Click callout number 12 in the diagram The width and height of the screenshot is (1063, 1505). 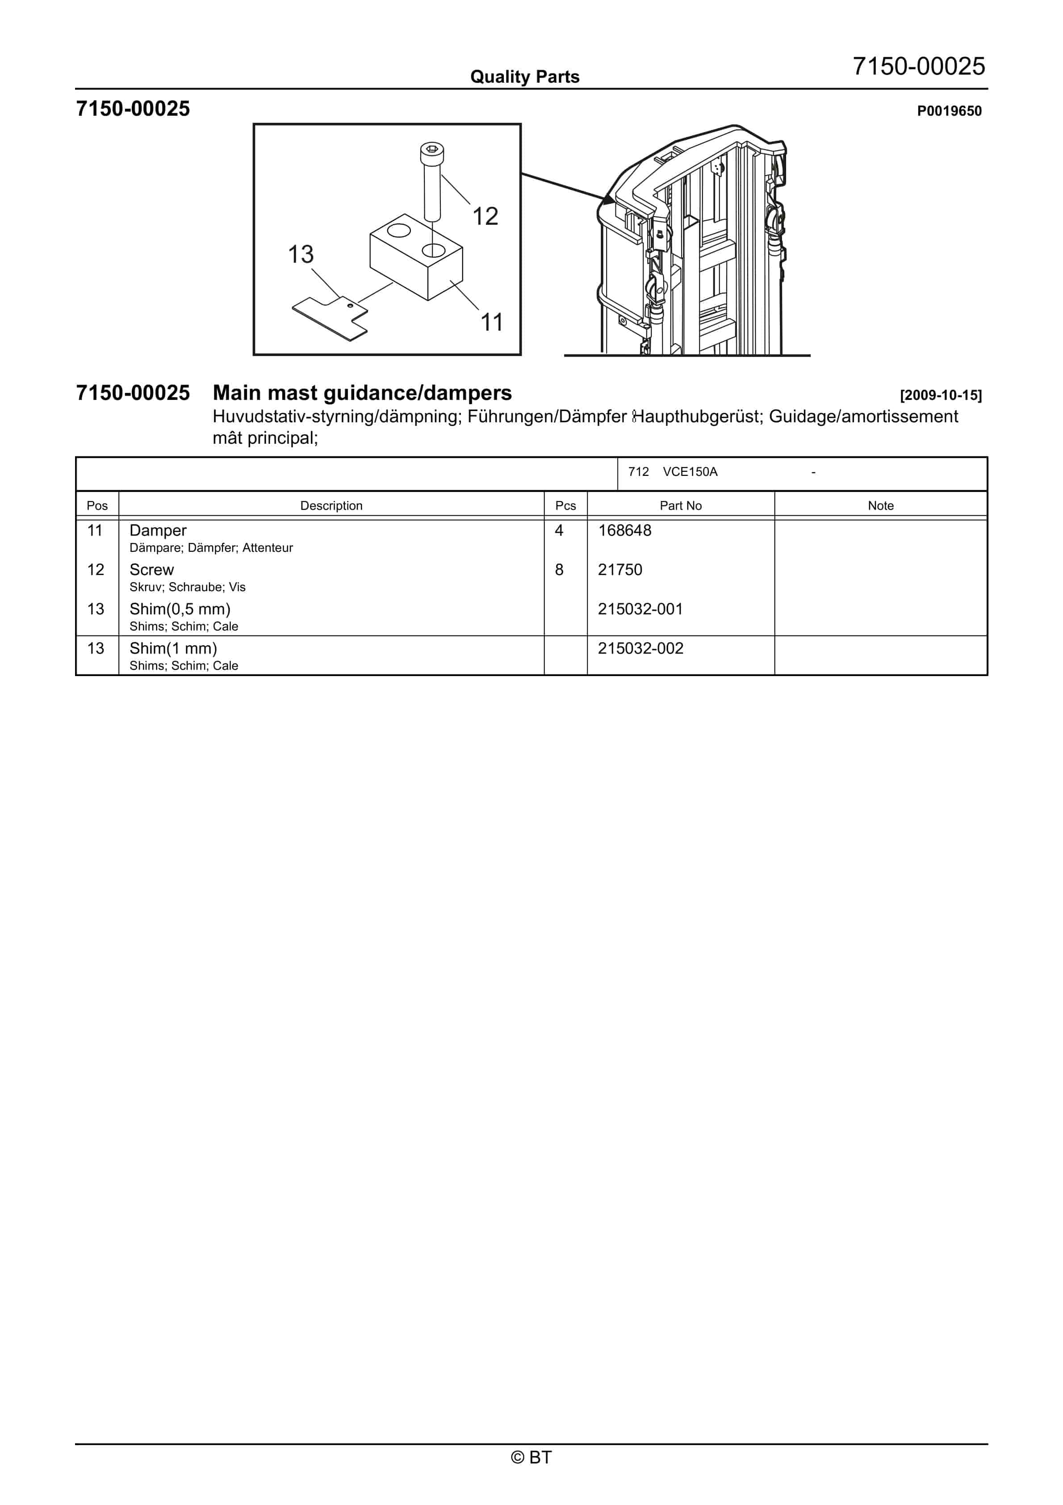coord(485,216)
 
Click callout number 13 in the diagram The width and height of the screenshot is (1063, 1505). coord(301,254)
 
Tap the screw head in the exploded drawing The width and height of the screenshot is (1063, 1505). coord(432,151)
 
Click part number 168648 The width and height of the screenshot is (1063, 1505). coord(624,530)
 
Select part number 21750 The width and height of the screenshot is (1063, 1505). coord(620,570)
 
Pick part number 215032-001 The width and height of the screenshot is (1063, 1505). coord(640,609)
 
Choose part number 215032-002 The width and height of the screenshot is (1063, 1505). coord(640,648)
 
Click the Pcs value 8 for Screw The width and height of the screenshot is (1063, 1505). coord(559,570)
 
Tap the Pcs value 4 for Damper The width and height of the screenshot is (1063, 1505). coord(559,530)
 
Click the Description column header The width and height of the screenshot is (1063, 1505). coord(331,505)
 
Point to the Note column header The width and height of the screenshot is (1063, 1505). coord(880,505)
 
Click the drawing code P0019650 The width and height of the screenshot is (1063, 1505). coord(949,111)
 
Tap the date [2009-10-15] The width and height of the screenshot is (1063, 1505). coord(941,395)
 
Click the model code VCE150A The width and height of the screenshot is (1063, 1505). coord(690,472)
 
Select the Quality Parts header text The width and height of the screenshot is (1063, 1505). coord(525,77)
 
